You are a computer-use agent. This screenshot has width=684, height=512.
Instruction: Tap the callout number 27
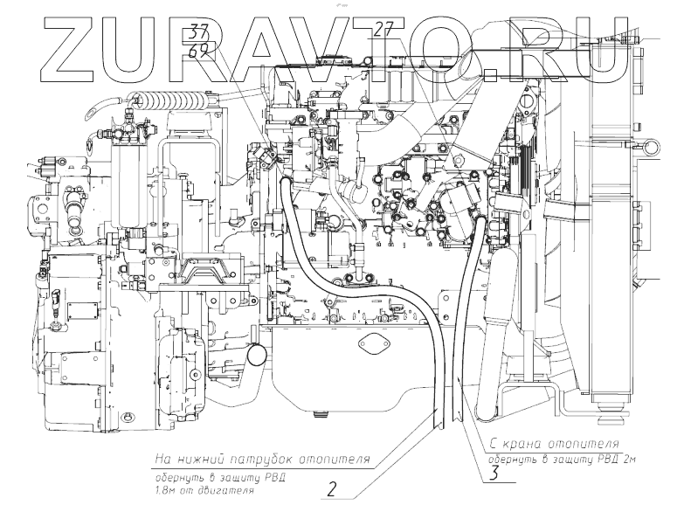point(383,29)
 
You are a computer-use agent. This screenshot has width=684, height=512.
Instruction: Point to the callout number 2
point(332,489)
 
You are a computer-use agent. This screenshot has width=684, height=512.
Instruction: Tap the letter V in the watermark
point(348,49)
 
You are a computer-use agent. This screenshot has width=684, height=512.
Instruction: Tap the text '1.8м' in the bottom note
point(165,491)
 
